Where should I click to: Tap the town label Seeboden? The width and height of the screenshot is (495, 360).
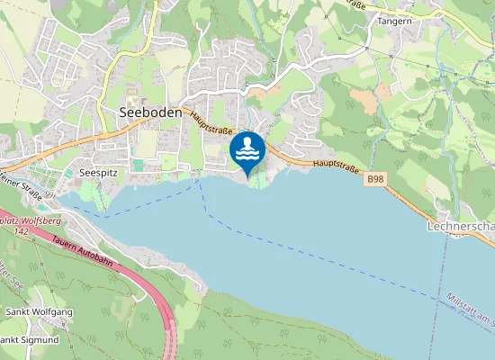(150, 113)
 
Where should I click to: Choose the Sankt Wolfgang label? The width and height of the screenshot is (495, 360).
(39, 311)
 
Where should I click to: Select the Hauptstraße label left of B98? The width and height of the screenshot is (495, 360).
(336, 166)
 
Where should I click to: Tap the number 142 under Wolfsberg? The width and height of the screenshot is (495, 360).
(21, 231)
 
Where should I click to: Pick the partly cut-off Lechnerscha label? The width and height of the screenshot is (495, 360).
(461, 227)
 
